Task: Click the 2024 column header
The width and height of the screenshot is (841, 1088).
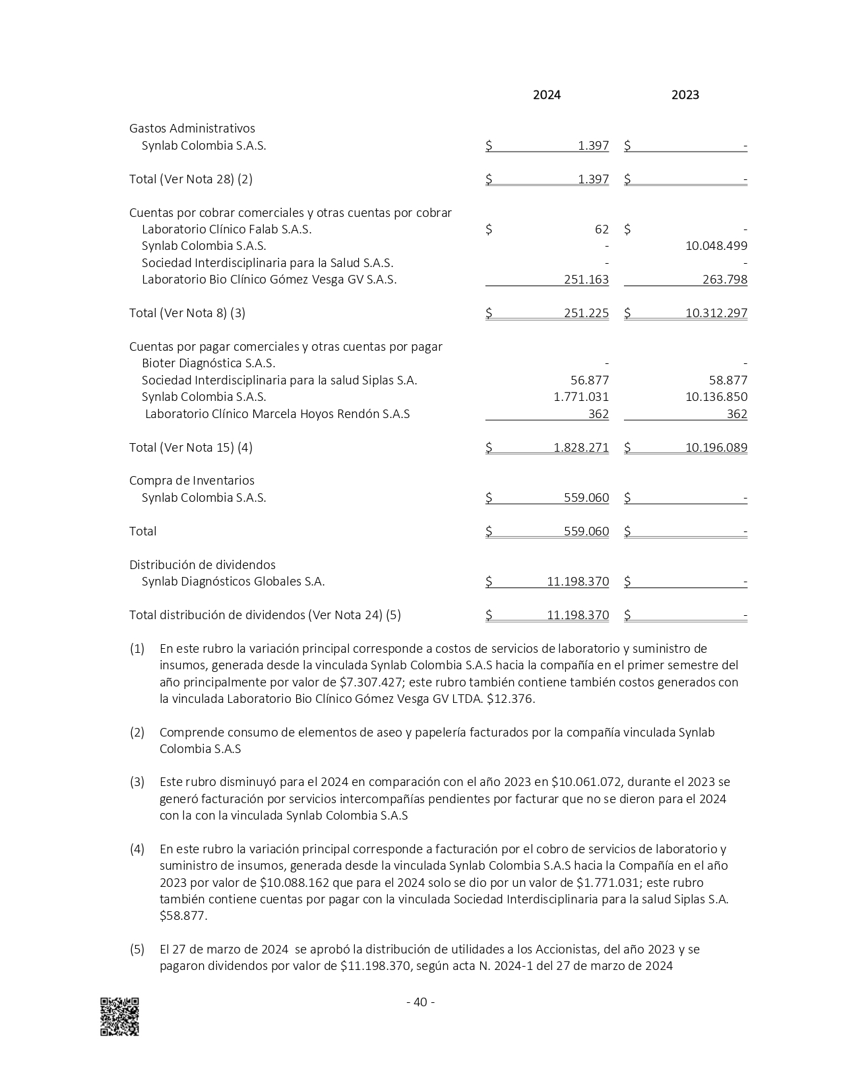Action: (546, 95)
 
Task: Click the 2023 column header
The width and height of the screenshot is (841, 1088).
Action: (685, 95)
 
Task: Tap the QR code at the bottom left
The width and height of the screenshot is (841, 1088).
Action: (119, 1016)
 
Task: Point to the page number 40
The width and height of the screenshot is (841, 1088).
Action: (420, 1002)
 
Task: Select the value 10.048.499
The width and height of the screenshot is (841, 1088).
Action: (716, 246)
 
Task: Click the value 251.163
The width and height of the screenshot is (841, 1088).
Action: (586, 280)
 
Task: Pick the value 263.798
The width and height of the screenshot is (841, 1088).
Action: (724, 280)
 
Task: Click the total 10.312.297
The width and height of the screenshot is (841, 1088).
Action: (716, 313)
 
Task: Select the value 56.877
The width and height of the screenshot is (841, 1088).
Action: (589, 380)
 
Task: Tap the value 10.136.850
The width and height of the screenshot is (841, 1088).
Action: (716, 397)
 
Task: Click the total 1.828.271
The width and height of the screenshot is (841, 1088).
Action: (581, 448)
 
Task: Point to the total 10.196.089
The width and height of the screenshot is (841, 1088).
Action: (716, 448)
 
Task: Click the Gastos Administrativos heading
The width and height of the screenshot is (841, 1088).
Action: (192, 129)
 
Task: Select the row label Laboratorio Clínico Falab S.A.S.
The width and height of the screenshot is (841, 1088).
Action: (226, 229)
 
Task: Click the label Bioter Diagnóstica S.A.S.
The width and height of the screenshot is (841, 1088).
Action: (208, 363)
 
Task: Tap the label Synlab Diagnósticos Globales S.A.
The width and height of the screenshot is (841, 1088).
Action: (233, 582)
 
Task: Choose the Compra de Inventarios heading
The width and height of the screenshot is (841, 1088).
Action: (191, 481)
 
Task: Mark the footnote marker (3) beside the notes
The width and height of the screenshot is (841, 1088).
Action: (137, 782)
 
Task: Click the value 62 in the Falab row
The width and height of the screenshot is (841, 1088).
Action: (602, 229)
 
